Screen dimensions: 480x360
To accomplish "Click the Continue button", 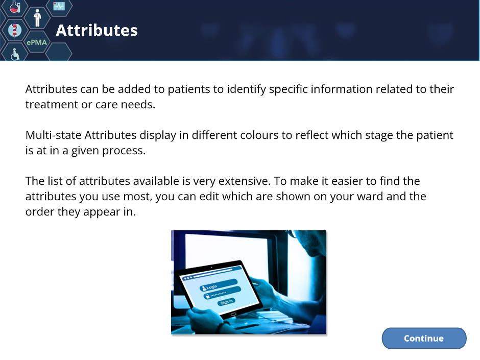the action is (x=424, y=338).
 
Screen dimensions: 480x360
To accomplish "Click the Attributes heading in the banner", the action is (x=97, y=30).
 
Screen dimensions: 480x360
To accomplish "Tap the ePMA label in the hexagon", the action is (x=37, y=42).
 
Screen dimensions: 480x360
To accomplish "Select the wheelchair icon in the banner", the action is (x=15, y=54).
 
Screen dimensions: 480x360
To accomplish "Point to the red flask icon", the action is (x=15, y=6).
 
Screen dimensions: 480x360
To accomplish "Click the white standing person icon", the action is (x=37, y=18).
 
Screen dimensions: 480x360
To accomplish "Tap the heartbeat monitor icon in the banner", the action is (x=59, y=6).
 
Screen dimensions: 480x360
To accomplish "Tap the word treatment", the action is (x=52, y=104).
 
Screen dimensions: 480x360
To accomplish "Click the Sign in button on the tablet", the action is (x=227, y=302).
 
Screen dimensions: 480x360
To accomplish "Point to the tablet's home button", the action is (x=233, y=315).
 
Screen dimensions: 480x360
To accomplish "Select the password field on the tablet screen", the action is (x=222, y=293).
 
